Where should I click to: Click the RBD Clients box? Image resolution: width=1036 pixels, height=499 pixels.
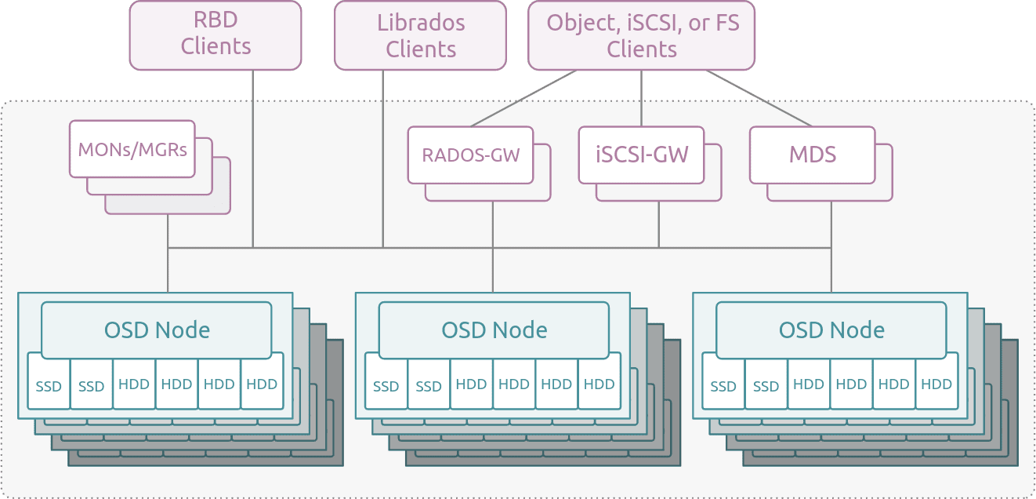point(216,35)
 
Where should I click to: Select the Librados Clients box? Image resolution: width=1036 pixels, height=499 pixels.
point(420,35)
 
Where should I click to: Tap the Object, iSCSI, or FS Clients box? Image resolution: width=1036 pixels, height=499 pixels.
point(642,35)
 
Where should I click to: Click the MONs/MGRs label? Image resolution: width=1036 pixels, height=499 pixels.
point(132,150)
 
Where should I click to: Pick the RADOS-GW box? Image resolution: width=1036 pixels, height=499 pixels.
point(471,155)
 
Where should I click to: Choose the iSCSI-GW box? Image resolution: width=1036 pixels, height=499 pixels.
point(642,155)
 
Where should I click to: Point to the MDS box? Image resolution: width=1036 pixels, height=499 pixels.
point(813,155)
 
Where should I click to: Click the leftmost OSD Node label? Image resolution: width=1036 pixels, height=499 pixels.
point(157,330)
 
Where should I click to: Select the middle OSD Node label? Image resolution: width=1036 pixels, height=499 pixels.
point(494,330)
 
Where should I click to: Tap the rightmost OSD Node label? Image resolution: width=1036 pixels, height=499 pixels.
point(831,330)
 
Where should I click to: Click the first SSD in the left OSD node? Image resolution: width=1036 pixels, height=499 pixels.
point(49,386)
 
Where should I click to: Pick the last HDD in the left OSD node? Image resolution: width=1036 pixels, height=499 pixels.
point(262,384)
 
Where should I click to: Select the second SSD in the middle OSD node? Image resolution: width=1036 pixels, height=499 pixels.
point(429,386)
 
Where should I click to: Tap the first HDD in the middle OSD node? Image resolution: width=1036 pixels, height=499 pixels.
point(471,384)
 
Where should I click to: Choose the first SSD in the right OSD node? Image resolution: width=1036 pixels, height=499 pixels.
point(723,386)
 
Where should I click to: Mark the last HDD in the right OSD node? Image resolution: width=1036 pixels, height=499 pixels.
point(936,384)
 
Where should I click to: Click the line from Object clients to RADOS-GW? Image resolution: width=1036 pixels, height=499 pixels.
point(523,98)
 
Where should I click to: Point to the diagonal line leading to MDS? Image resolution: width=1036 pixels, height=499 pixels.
point(759,98)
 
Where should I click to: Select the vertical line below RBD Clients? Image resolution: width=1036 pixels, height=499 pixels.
point(253,158)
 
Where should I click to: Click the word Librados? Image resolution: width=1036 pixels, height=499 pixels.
point(421,23)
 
